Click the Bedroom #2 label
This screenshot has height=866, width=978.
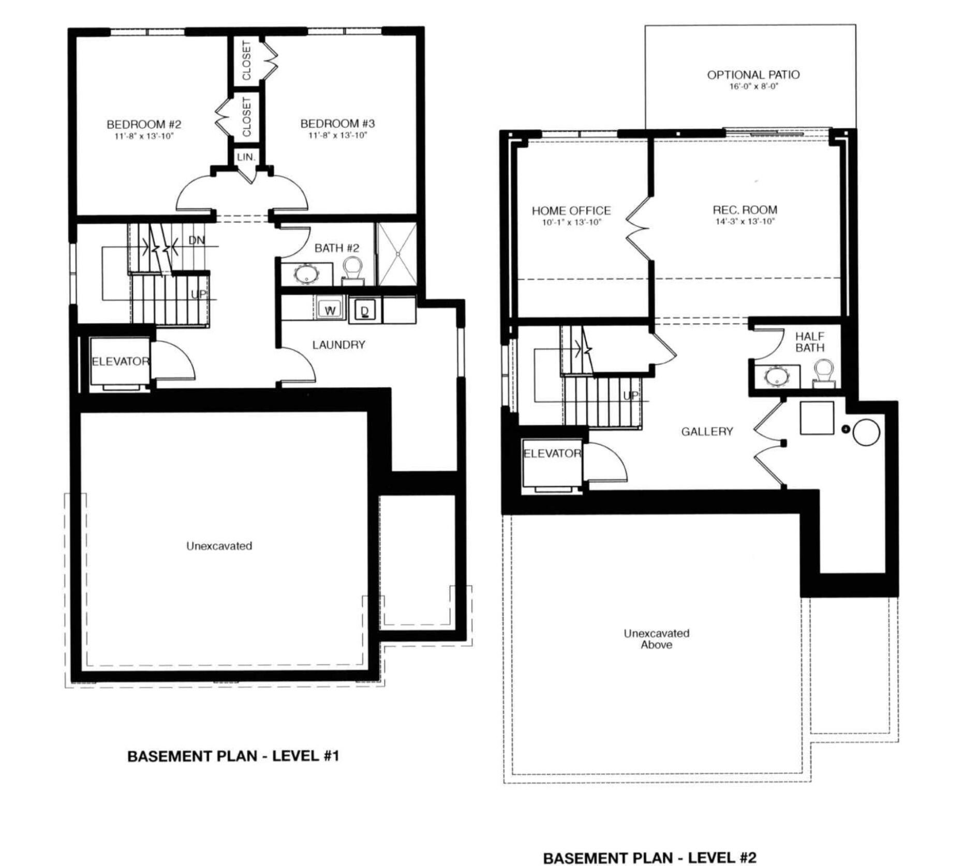[143, 125]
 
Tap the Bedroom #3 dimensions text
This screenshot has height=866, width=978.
[337, 135]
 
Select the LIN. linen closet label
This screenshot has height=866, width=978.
[246, 157]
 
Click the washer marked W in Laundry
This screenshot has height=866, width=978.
[330, 310]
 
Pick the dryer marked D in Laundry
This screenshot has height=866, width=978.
[365, 310]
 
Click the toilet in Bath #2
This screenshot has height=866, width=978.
[352, 270]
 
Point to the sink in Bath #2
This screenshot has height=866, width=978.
[306, 274]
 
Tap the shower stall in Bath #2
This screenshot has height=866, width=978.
[397, 254]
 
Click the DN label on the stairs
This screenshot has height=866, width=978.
[196, 240]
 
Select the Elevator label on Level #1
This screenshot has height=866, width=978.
[120, 361]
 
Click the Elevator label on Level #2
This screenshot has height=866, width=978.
[552, 453]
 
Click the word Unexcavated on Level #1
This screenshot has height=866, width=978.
[219, 546]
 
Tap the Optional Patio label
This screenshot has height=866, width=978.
[753, 75]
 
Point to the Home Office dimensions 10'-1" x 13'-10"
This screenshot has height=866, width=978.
[571, 222]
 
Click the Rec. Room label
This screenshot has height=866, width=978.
[745, 210]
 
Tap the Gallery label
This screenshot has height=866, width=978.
[706, 431]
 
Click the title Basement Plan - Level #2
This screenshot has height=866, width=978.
[649, 858]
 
